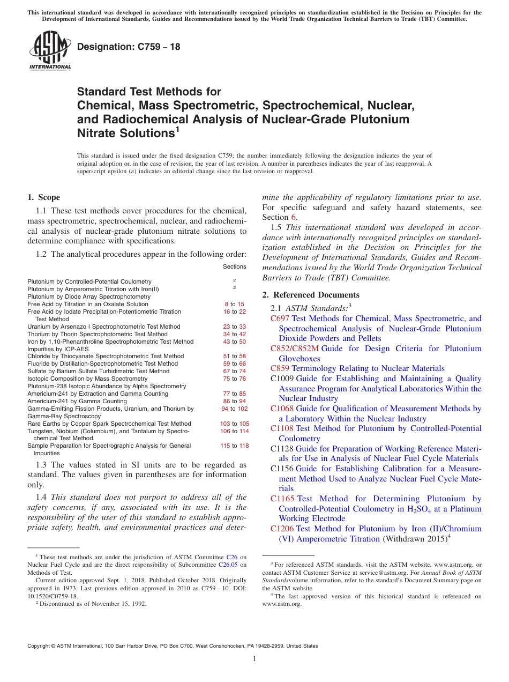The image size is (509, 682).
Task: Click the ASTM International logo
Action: (x=50, y=50)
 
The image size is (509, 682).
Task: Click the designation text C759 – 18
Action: (x=129, y=47)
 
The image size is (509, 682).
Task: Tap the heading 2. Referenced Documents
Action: (x=311, y=295)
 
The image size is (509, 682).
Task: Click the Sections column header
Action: (x=234, y=266)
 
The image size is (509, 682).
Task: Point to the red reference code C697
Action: (x=280, y=318)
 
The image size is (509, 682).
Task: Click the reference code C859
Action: (x=280, y=368)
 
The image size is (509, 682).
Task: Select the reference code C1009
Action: (x=282, y=379)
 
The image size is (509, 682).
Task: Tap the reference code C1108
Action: (x=282, y=428)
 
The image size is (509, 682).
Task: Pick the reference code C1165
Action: (x=282, y=499)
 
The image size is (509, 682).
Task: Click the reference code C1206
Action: (x=282, y=529)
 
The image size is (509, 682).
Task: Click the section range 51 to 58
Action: (x=234, y=356)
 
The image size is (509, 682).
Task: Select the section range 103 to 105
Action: (x=234, y=424)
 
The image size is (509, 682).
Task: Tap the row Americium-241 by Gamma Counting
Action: (x=77, y=401)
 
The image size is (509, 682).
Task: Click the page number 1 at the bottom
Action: (x=254, y=659)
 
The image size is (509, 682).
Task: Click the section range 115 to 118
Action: (x=234, y=446)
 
